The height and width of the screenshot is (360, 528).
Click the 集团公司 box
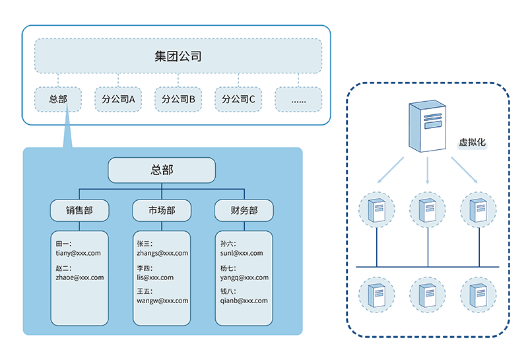tap(178, 56)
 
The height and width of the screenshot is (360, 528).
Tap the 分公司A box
tap(118, 100)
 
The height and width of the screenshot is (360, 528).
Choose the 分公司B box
tap(178, 100)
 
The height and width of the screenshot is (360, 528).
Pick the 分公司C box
tap(238, 100)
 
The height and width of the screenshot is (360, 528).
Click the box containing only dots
tap(298, 100)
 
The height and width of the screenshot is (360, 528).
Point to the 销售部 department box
tap(79, 211)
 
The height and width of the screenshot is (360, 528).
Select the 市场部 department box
tap(162, 211)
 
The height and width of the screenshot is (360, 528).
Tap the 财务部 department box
tap(244, 211)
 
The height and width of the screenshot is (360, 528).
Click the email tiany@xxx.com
tap(78, 253)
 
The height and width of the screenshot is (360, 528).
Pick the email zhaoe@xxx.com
tap(79, 277)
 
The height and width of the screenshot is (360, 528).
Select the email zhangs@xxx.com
tap(162, 253)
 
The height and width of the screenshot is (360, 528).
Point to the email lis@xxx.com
tap(155, 277)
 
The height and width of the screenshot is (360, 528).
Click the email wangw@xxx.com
tap(162, 301)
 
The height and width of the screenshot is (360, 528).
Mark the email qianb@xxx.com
tap(244, 301)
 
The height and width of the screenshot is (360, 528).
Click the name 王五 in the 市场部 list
tap(145, 291)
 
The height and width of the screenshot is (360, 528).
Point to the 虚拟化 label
tap(472, 143)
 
